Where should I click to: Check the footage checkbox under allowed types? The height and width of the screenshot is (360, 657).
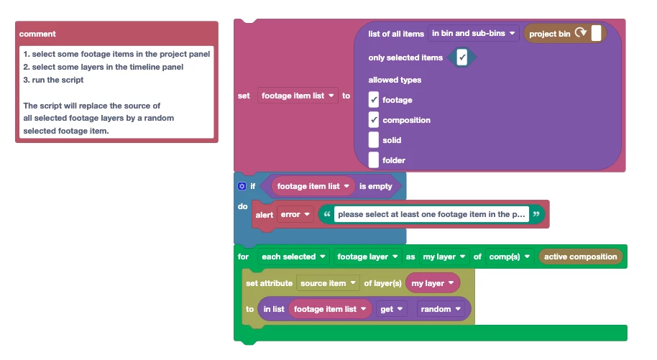pyautogui.click(x=374, y=100)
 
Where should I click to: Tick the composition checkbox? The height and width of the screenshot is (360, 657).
pyautogui.click(x=374, y=120)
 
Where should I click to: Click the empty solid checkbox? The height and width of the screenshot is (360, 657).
pyautogui.click(x=374, y=140)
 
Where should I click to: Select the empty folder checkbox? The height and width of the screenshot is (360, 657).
pyautogui.click(x=374, y=160)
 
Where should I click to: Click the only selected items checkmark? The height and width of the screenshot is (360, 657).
pyautogui.click(x=461, y=57)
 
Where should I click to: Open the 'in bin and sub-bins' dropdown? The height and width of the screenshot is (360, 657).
pyautogui.click(x=474, y=33)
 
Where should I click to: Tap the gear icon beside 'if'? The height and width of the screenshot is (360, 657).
pyautogui.click(x=242, y=186)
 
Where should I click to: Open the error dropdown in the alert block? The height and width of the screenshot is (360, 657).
pyautogui.click(x=295, y=214)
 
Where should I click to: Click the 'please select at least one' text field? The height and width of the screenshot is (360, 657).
pyautogui.click(x=431, y=214)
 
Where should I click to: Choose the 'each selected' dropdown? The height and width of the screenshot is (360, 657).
pyautogui.click(x=293, y=257)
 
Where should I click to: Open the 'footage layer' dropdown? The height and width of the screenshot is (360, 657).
pyautogui.click(x=367, y=257)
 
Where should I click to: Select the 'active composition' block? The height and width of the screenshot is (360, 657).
pyautogui.click(x=580, y=257)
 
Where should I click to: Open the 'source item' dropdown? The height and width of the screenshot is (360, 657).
pyautogui.click(x=328, y=283)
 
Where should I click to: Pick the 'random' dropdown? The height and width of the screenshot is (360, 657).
pyautogui.click(x=441, y=309)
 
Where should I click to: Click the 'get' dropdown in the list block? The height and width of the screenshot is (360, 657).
pyautogui.click(x=391, y=309)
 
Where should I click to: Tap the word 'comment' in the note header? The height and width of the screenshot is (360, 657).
pyautogui.click(x=37, y=34)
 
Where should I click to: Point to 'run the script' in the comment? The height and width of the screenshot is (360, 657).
pyautogui.click(x=58, y=80)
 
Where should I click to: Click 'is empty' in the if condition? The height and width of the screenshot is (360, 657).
pyautogui.click(x=375, y=186)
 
